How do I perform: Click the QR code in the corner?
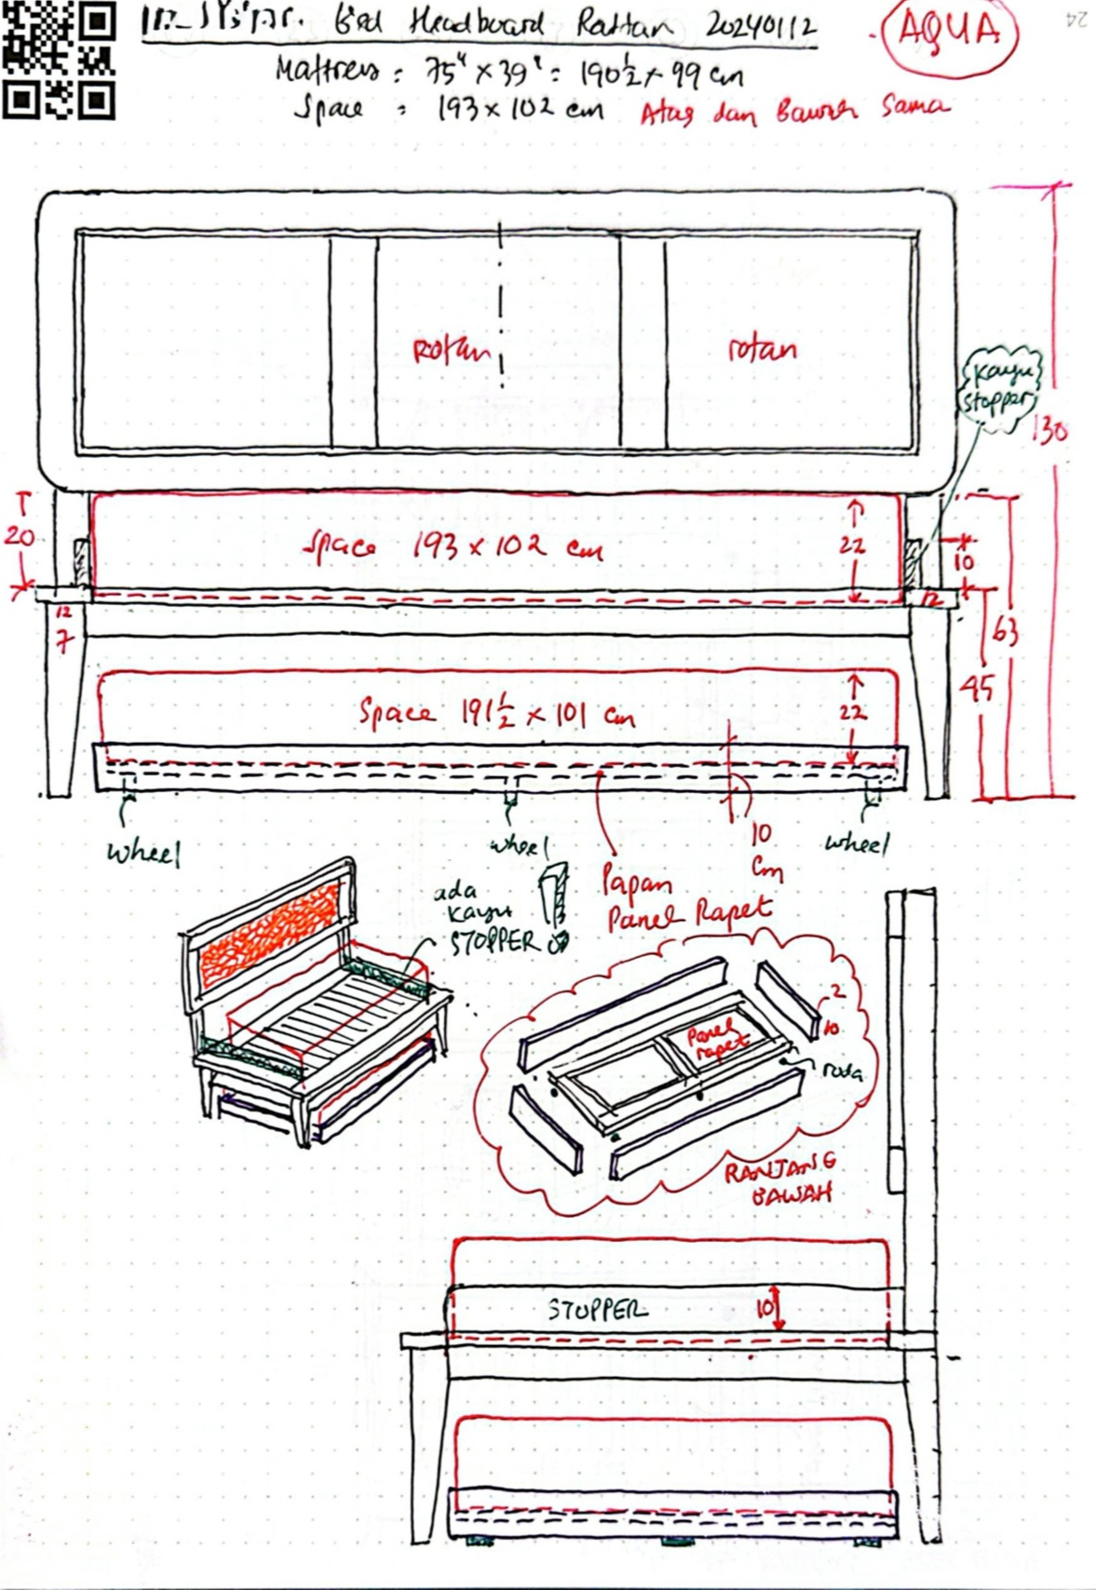coord(59,59)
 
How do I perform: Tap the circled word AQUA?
coord(948,33)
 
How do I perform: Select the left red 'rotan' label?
coord(451,351)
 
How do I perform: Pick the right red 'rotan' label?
coord(762,349)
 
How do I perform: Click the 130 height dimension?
coord(1051,431)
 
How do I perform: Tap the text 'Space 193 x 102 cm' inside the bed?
coord(453,547)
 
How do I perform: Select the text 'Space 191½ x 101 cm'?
coord(497,714)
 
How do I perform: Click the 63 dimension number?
coord(1004,632)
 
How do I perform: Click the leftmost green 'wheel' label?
coord(142,853)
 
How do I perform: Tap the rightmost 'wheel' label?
coord(857,843)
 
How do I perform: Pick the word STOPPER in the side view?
coord(597,1310)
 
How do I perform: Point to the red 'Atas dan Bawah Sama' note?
coord(794,111)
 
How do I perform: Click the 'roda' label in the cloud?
coord(844,1071)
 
